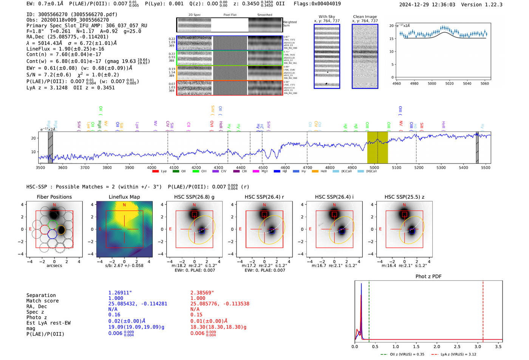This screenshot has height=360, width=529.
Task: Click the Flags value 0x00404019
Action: pos(325,3)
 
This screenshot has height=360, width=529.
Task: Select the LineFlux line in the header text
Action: pos(65,49)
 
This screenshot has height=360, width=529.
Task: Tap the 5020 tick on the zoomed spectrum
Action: pos(449,83)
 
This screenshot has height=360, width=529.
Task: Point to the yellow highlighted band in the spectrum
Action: pos(377,147)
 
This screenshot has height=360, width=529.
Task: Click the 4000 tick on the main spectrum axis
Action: pos(152,167)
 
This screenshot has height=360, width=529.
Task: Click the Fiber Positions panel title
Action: pos(54,197)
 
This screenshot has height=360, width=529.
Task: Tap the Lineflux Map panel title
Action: pos(124,197)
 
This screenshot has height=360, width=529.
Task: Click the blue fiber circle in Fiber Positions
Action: pos(52,234)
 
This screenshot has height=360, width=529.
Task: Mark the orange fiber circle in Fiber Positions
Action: pos(61,230)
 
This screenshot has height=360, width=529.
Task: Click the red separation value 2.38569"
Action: pos(202,292)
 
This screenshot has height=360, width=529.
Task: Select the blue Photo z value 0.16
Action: pos(114,315)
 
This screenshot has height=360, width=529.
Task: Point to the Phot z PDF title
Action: pos(428,276)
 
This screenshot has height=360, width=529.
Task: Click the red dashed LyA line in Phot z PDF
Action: pos(483,310)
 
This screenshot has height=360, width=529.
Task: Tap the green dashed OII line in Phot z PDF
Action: pos(369,310)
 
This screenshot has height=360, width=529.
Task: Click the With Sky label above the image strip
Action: pos(326,17)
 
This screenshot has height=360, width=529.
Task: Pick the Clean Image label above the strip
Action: pos(365,17)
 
